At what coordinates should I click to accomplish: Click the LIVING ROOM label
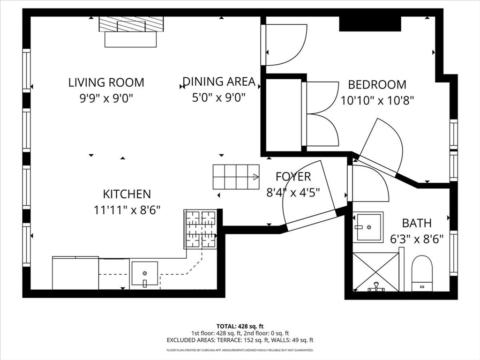106,82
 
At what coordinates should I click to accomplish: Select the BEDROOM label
377,85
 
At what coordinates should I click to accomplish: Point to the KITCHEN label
127,194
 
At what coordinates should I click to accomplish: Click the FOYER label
293,177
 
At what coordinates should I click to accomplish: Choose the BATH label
417,223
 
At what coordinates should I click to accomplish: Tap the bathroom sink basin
368,227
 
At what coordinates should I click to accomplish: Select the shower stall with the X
375,271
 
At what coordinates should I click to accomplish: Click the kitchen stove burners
201,229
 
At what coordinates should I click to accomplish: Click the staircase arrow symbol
255,177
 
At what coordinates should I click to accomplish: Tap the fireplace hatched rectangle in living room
131,24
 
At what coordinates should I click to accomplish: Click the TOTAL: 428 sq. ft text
240,326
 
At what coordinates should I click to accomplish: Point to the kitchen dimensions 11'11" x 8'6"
127,209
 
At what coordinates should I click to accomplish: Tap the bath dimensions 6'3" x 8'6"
417,239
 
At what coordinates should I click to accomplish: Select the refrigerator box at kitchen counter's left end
75,273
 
